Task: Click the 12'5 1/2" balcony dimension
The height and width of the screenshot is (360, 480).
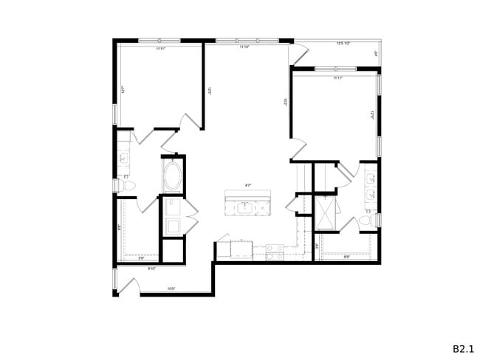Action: click(x=343, y=44)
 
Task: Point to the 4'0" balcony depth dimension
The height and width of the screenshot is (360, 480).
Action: click(x=377, y=53)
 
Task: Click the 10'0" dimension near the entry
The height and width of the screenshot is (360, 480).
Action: click(x=171, y=288)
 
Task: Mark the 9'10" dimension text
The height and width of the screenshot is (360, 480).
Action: click(x=151, y=269)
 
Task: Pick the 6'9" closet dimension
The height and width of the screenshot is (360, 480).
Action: click(x=347, y=257)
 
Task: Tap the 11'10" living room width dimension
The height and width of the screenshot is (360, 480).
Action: click(x=243, y=47)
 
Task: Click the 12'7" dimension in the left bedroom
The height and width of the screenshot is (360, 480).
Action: click(x=123, y=90)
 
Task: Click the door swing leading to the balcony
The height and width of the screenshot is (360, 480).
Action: click(x=300, y=53)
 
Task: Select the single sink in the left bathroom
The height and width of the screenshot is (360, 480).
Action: click(x=123, y=156)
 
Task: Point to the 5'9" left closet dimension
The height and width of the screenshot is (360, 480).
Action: click(x=140, y=257)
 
